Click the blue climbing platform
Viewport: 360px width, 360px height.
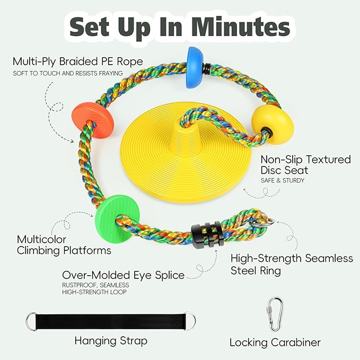pos(195,67)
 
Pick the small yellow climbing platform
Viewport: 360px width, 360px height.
pos(273,125)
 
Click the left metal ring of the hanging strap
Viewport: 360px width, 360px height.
pos(31,321)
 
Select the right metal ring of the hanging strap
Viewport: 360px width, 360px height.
pos(190,321)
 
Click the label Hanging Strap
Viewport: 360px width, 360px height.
pos(111,341)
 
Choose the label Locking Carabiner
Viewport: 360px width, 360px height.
pos(275,343)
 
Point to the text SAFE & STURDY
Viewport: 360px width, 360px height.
pos(283,180)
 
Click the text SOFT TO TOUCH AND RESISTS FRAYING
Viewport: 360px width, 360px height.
pos(68,74)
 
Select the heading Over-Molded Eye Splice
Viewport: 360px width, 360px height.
pos(124,275)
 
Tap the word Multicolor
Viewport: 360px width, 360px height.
pos(41,240)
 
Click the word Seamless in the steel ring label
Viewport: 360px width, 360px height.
pos(329,258)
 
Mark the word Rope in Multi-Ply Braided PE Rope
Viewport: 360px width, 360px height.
pos(130,62)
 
